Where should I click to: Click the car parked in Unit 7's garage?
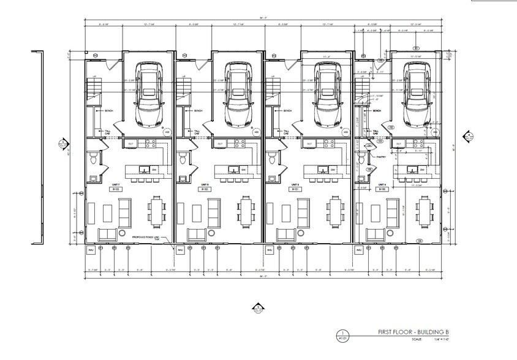coord(149,92)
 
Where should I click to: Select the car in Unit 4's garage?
coord(417,92)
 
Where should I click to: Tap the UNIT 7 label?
coord(115,184)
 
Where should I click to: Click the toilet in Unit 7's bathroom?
coord(92,159)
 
